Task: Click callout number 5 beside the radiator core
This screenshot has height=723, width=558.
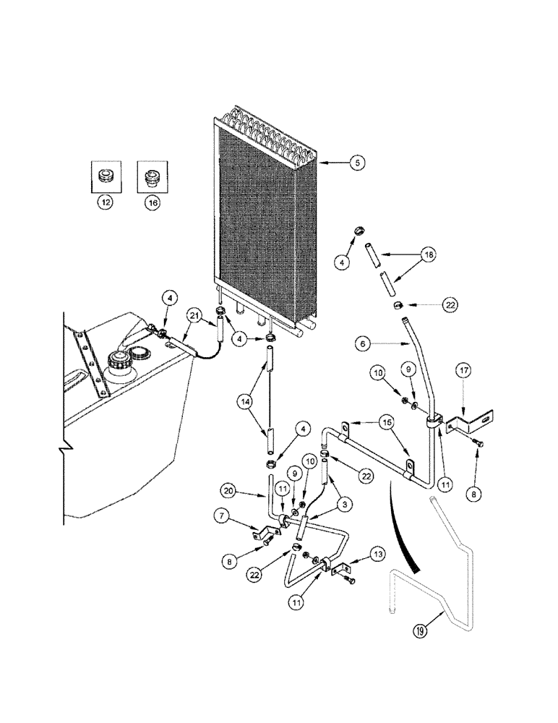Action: point(356,163)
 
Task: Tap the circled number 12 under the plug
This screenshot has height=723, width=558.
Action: point(106,204)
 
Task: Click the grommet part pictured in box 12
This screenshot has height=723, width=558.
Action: point(106,176)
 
